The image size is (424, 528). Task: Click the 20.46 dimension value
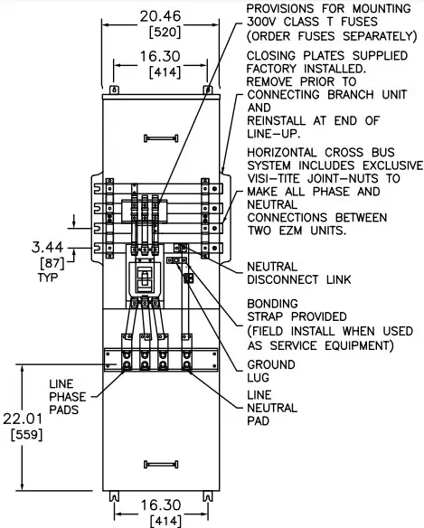(160, 16)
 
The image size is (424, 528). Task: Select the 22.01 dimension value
(23, 419)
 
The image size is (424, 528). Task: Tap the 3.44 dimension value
(47, 247)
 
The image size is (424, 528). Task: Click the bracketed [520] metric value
(165, 32)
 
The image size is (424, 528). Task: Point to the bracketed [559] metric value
(27, 434)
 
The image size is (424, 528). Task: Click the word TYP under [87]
(48, 278)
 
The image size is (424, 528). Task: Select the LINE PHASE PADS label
(68, 397)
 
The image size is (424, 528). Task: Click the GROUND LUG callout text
(271, 371)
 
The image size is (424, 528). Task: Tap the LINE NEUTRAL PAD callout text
(272, 408)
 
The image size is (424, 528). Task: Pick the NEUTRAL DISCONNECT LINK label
(299, 273)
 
